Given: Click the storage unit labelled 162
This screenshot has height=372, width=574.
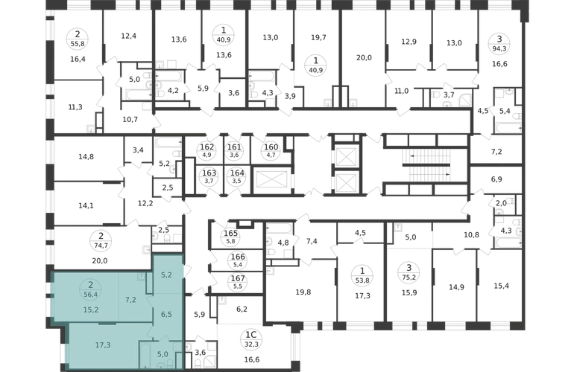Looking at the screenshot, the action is [206, 150].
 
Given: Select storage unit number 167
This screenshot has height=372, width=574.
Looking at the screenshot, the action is [238, 282].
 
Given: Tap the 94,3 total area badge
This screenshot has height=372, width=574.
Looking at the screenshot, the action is [499, 42].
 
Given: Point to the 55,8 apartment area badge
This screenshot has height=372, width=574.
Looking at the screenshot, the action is [78, 39].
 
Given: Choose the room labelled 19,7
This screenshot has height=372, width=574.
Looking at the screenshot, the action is [318, 37].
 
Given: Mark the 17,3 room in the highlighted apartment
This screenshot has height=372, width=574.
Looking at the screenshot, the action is [103, 344].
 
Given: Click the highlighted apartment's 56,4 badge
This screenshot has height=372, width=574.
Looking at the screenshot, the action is [90, 289].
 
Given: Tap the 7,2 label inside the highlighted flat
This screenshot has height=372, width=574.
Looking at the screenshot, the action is [130, 300].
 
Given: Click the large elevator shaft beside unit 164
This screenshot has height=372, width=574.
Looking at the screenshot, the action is [271, 180].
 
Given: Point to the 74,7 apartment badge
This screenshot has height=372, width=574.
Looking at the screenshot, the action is [101, 240].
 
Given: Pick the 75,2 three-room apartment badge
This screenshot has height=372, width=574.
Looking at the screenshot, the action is [409, 272].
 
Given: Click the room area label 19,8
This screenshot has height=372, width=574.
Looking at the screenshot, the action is [303, 292].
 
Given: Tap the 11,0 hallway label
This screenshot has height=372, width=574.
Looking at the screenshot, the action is [401, 91].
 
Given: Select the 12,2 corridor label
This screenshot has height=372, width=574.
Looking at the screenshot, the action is [145, 203].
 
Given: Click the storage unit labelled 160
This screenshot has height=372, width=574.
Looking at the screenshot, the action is [271, 150].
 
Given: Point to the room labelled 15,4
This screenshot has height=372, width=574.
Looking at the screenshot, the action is [501, 286].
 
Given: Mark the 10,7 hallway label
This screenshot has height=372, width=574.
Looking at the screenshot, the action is [130, 119].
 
